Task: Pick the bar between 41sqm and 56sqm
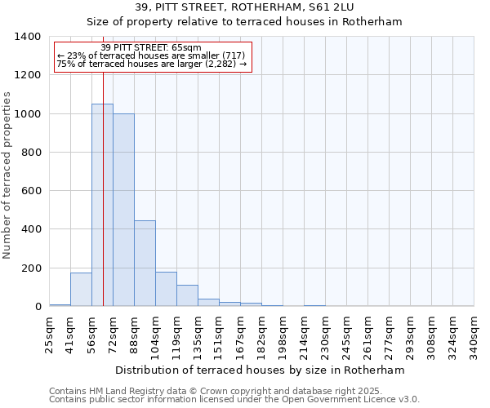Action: point(81,289)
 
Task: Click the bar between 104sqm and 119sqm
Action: point(166,289)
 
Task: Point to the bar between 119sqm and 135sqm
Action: point(187,295)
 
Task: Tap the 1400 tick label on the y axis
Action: point(28,37)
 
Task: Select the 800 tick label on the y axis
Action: point(31,153)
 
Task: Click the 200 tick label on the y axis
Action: point(31,268)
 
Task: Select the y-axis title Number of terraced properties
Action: point(8,175)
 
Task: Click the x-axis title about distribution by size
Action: point(260,370)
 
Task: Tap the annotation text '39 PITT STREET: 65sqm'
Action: point(151,48)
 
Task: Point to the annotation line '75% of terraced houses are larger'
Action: point(151,64)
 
